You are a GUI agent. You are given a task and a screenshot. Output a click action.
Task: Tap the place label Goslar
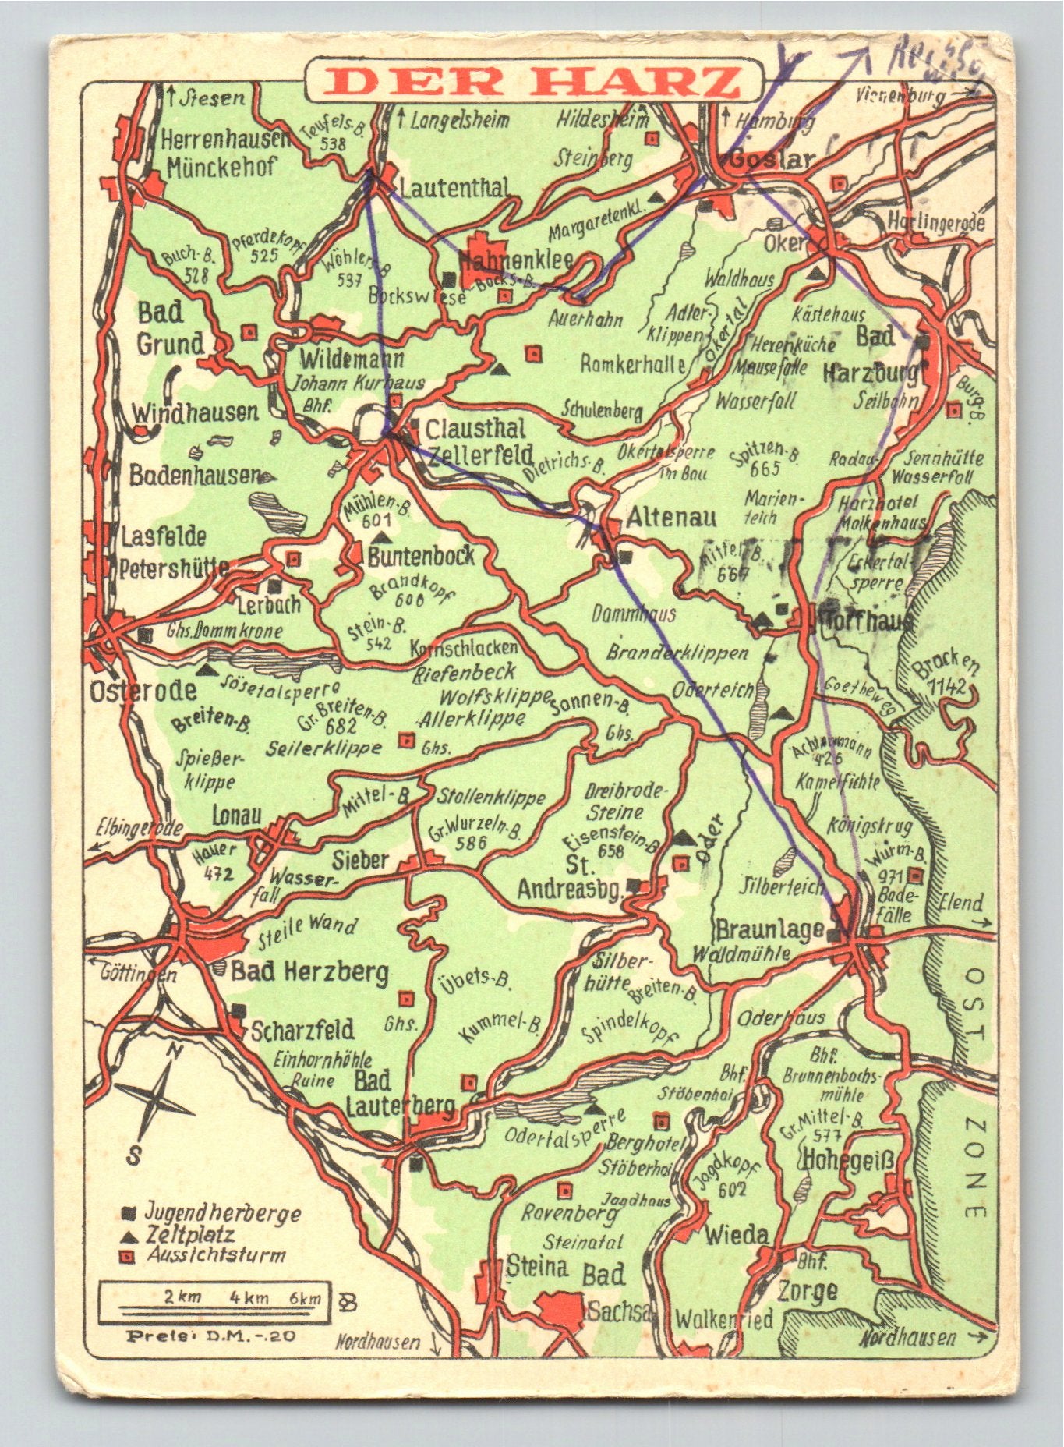coord(772,160)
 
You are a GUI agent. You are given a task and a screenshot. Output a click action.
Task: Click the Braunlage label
coord(769,929)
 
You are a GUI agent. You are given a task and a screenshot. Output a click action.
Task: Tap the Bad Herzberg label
coord(309,972)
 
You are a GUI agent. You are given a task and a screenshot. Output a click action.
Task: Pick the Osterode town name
coord(143,691)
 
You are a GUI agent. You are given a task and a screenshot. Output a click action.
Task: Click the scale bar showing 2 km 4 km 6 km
coord(214,1298)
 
